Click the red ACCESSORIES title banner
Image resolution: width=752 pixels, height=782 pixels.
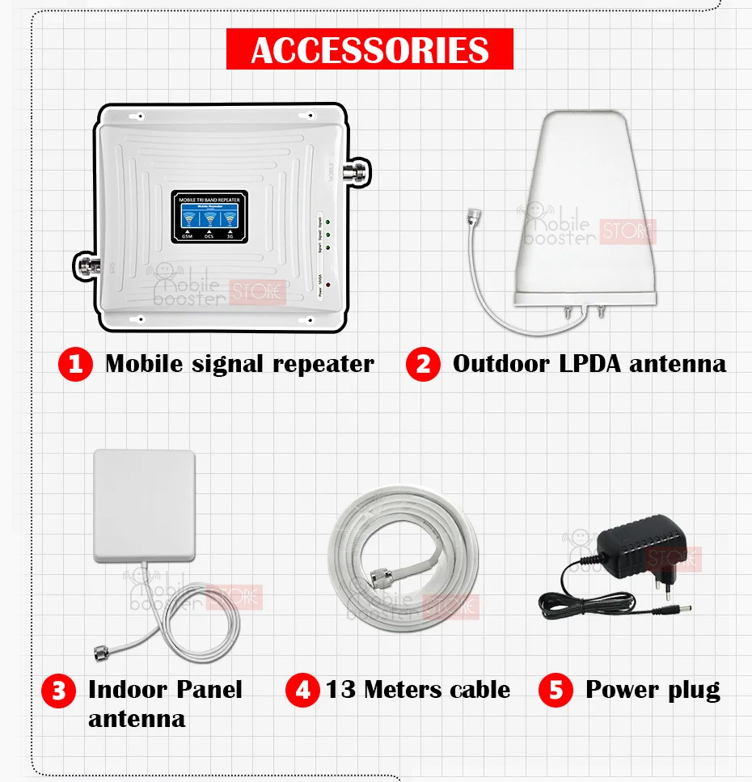pyautogui.click(x=370, y=49)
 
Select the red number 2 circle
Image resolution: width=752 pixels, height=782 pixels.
pyautogui.click(x=423, y=364)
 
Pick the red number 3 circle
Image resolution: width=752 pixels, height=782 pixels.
pyautogui.click(x=58, y=691)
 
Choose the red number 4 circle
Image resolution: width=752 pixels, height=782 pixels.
pyautogui.click(x=302, y=691)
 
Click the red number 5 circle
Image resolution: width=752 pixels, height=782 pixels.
pyautogui.click(x=556, y=691)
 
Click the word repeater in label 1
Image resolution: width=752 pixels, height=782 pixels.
pyautogui.click(x=323, y=364)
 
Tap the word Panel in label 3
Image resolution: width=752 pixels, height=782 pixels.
pyautogui.click(x=205, y=690)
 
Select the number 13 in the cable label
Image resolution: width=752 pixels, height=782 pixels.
pyautogui.click(x=341, y=690)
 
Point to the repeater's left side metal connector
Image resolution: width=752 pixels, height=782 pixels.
pyautogui.click(x=84, y=263)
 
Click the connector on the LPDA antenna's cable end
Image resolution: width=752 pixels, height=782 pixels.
pyautogui.click(x=472, y=214)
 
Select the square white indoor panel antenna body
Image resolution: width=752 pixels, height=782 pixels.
pyautogui.click(x=144, y=505)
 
